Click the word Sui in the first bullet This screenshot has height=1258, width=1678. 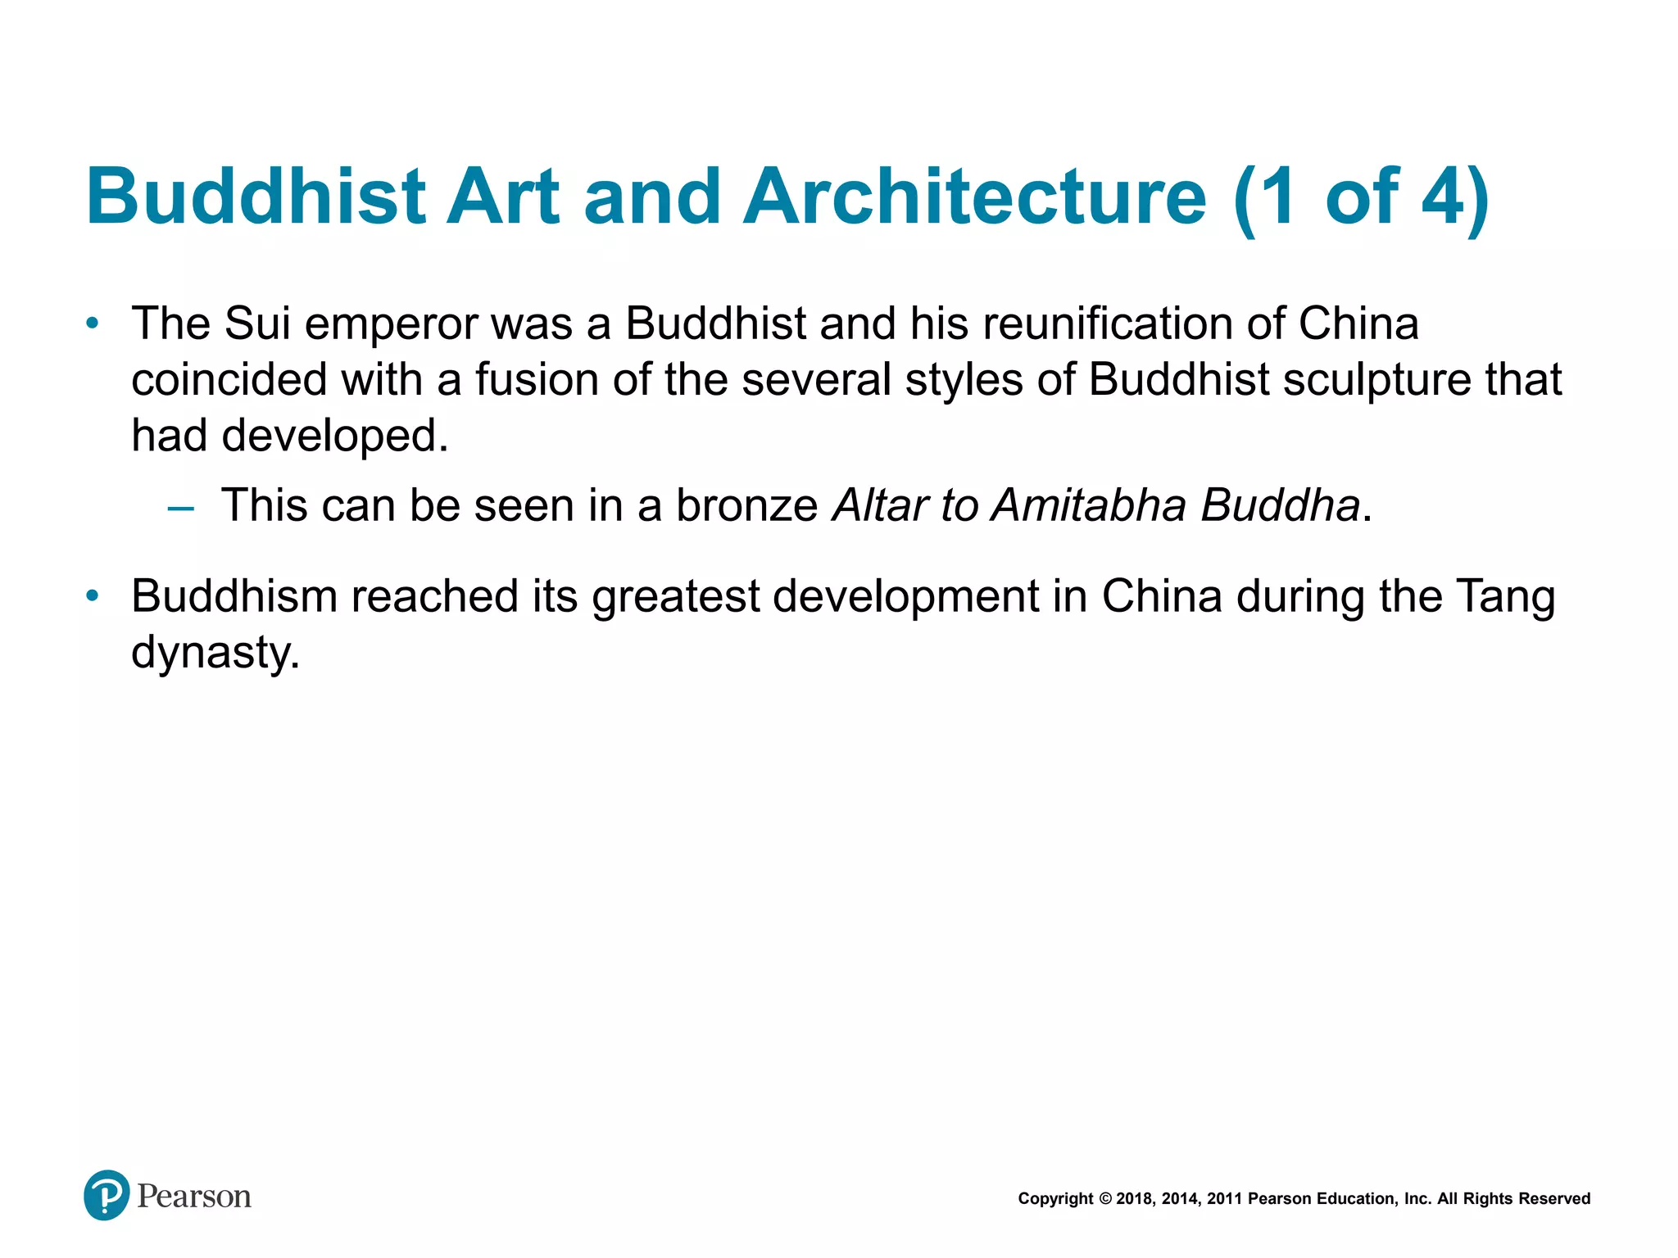(257, 323)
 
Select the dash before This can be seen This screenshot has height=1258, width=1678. (180, 509)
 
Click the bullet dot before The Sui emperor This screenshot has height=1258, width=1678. (93, 324)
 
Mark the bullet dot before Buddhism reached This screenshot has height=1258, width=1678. (93, 595)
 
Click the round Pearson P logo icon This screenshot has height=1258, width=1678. (107, 1195)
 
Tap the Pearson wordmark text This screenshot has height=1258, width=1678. (194, 1197)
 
